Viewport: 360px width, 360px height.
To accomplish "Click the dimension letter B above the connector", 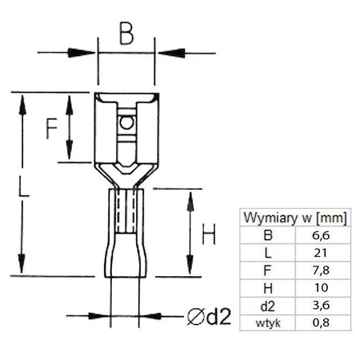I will pyautogui.click(x=126, y=34).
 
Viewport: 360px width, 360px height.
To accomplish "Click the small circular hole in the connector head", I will pyautogui.click(x=125, y=124).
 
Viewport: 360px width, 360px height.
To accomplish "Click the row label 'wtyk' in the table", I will pyautogui.click(x=267, y=322).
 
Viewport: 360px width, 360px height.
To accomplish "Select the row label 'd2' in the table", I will pyautogui.click(x=267, y=306).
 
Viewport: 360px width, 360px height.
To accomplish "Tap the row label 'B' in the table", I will pyautogui.click(x=267, y=235).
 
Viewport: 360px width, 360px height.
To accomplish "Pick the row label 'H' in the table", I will pyautogui.click(x=267, y=288).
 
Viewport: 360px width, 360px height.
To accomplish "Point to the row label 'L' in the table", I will pyautogui.click(x=267, y=253).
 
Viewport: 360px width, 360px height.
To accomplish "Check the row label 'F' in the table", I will pyautogui.click(x=267, y=270).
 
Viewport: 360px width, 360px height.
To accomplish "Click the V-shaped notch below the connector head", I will pyautogui.click(x=125, y=170).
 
